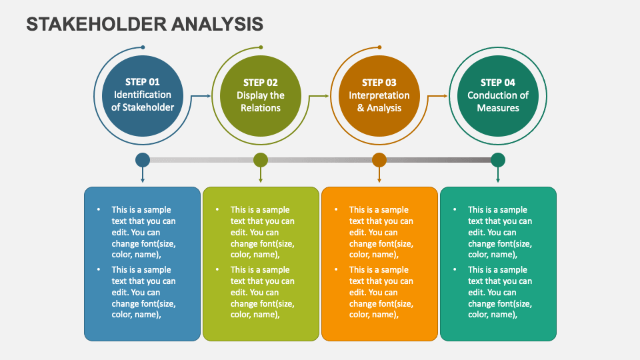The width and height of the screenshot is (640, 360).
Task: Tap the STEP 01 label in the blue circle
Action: pos(142,82)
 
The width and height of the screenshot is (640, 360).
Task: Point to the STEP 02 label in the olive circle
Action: pos(261,83)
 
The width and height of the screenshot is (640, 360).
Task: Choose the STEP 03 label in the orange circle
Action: pos(379,83)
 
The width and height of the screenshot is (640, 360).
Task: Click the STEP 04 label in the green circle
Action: pos(498,83)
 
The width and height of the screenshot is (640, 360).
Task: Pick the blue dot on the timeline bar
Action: pos(142,160)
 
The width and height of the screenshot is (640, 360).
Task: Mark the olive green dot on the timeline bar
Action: pos(261,160)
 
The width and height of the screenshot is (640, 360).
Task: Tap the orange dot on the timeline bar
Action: pos(379,160)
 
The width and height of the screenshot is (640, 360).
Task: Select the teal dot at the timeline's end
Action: pos(498,160)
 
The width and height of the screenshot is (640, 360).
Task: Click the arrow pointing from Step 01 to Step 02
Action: pos(202,96)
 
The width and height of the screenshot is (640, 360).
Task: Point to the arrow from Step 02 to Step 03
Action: pos(321,96)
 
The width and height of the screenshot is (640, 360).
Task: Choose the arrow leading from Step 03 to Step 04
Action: pos(439,96)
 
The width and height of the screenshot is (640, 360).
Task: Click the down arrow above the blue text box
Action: pos(142,177)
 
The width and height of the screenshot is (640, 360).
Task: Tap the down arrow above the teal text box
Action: pos(498,177)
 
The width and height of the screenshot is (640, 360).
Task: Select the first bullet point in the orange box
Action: pos(335,209)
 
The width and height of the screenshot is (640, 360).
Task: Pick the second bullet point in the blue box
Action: pos(98,269)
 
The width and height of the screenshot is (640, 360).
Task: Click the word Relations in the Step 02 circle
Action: pos(261,108)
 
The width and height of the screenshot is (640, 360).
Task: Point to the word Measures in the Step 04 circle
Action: pos(498,108)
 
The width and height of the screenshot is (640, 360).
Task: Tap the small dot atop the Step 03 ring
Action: pos(379,47)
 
